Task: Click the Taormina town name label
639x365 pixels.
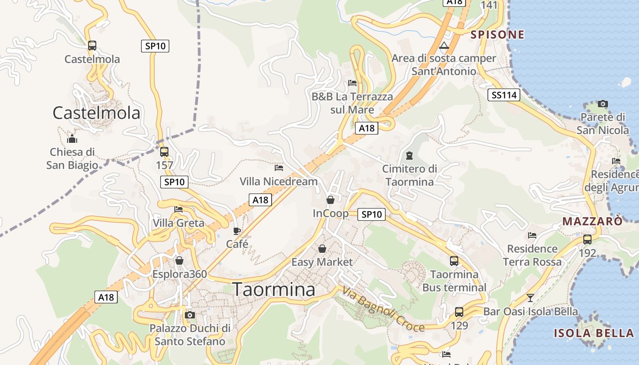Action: (273, 290)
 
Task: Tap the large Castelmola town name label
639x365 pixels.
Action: (96, 113)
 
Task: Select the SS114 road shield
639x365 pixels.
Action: (504, 95)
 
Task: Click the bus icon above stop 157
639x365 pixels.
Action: (164, 151)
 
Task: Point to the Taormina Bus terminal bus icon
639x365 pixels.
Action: (454, 261)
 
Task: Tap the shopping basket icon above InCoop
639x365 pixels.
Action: (330, 200)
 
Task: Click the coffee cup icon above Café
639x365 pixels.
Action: (236, 231)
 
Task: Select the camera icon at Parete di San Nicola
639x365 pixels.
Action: (603, 104)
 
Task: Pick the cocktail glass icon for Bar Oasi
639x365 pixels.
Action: (530, 298)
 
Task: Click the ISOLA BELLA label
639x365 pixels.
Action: (594, 333)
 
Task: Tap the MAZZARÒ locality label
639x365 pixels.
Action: (592, 222)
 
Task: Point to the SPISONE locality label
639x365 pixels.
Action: (498, 35)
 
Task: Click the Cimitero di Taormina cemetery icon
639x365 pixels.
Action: (409, 156)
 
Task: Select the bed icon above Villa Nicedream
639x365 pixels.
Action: (279, 168)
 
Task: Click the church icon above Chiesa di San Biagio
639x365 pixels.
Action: (72, 139)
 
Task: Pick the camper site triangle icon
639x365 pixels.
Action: (444, 45)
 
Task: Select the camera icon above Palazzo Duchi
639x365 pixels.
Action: (190, 315)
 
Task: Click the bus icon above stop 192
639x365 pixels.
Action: (587, 239)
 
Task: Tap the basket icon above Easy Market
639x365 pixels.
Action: (322, 249)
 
